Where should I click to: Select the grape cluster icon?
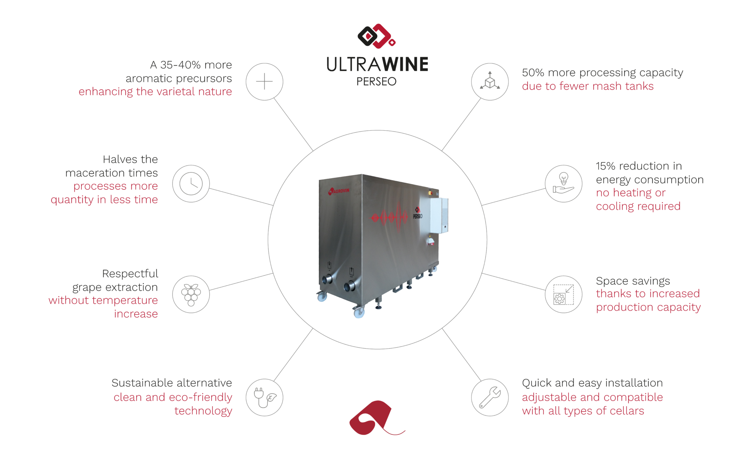click(x=191, y=294)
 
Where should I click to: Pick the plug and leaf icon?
click(x=264, y=398)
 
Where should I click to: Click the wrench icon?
click(x=490, y=398)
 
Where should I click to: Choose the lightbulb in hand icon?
click(x=564, y=184)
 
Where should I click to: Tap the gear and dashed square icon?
click(x=564, y=294)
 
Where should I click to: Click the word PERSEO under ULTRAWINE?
click(x=376, y=81)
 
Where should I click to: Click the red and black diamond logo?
click(x=376, y=36)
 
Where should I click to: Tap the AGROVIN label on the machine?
click(x=339, y=191)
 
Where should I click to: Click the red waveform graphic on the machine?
click(x=389, y=217)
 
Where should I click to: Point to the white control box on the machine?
click(x=439, y=216)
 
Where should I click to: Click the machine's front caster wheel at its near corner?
click(x=359, y=313)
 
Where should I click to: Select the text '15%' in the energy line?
click(x=606, y=166)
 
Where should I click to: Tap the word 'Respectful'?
click(x=130, y=274)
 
